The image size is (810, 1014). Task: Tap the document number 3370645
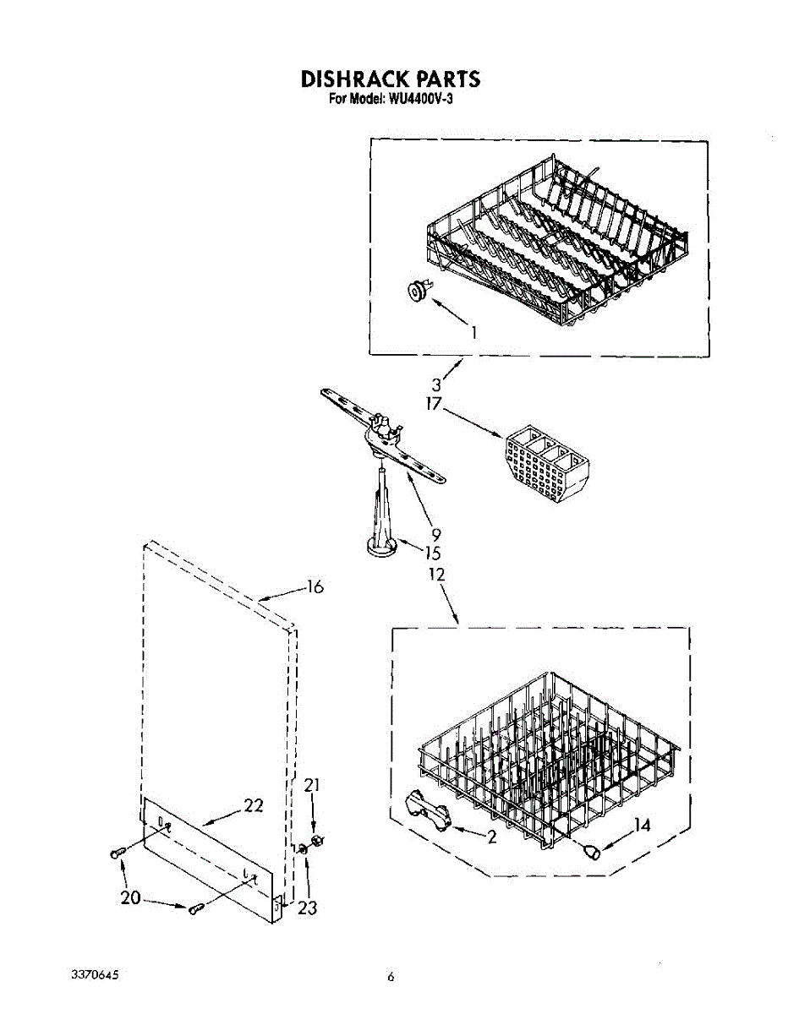click(95, 975)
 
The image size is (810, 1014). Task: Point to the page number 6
click(391, 978)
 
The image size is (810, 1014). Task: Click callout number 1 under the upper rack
click(474, 332)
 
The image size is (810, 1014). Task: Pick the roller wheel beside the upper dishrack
click(417, 292)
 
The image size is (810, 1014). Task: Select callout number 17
click(434, 405)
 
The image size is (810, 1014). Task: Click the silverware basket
click(542, 463)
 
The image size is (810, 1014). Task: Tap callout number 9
click(436, 534)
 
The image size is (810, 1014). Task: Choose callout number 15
click(433, 553)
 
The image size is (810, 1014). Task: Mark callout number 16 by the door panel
click(315, 586)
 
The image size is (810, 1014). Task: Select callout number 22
click(254, 805)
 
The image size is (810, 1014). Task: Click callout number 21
click(313, 786)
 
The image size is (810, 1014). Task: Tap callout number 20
click(130, 897)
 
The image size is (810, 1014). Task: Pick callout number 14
click(642, 825)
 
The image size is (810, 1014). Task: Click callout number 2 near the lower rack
click(491, 837)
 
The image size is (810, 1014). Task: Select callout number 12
click(436, 575)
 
